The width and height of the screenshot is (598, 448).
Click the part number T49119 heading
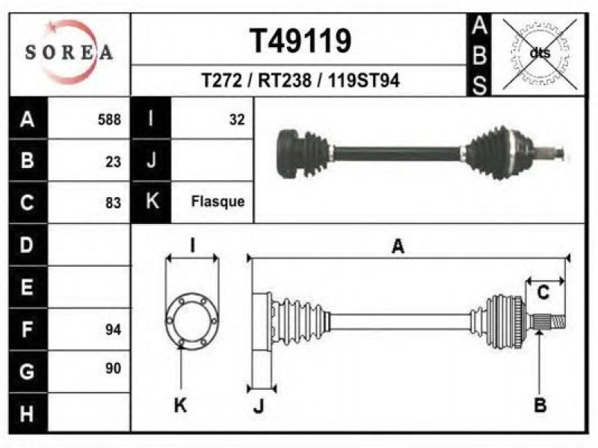click(300, 41)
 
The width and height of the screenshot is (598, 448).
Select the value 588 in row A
click(109, 119)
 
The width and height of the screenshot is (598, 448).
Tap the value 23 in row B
click(113, 162)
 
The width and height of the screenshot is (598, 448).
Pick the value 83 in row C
click(113, 202)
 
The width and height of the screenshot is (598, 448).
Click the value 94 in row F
click(113, 329)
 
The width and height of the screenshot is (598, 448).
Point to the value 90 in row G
click(113, 368)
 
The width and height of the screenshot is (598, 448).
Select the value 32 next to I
click(237, 119)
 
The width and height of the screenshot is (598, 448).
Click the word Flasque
click(218, 201)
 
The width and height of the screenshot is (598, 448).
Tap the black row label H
click(28, 414)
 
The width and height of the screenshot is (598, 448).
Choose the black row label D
click(28, 245)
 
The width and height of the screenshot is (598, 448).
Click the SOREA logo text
click(69, 52)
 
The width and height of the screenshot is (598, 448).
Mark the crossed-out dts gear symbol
click(540, 54)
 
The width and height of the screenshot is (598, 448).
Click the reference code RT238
click(285, 81)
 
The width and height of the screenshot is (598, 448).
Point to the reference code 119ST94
click(363, 81)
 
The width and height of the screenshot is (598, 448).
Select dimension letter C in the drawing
click(543, 293)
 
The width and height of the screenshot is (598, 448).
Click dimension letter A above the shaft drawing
click(398, 246)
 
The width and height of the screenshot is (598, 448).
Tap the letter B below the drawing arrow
click(540, 405)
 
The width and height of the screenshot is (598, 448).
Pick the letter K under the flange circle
click(180, 405)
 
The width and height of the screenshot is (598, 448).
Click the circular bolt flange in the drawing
click(192, 321)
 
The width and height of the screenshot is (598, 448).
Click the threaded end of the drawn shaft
click(558, 322)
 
